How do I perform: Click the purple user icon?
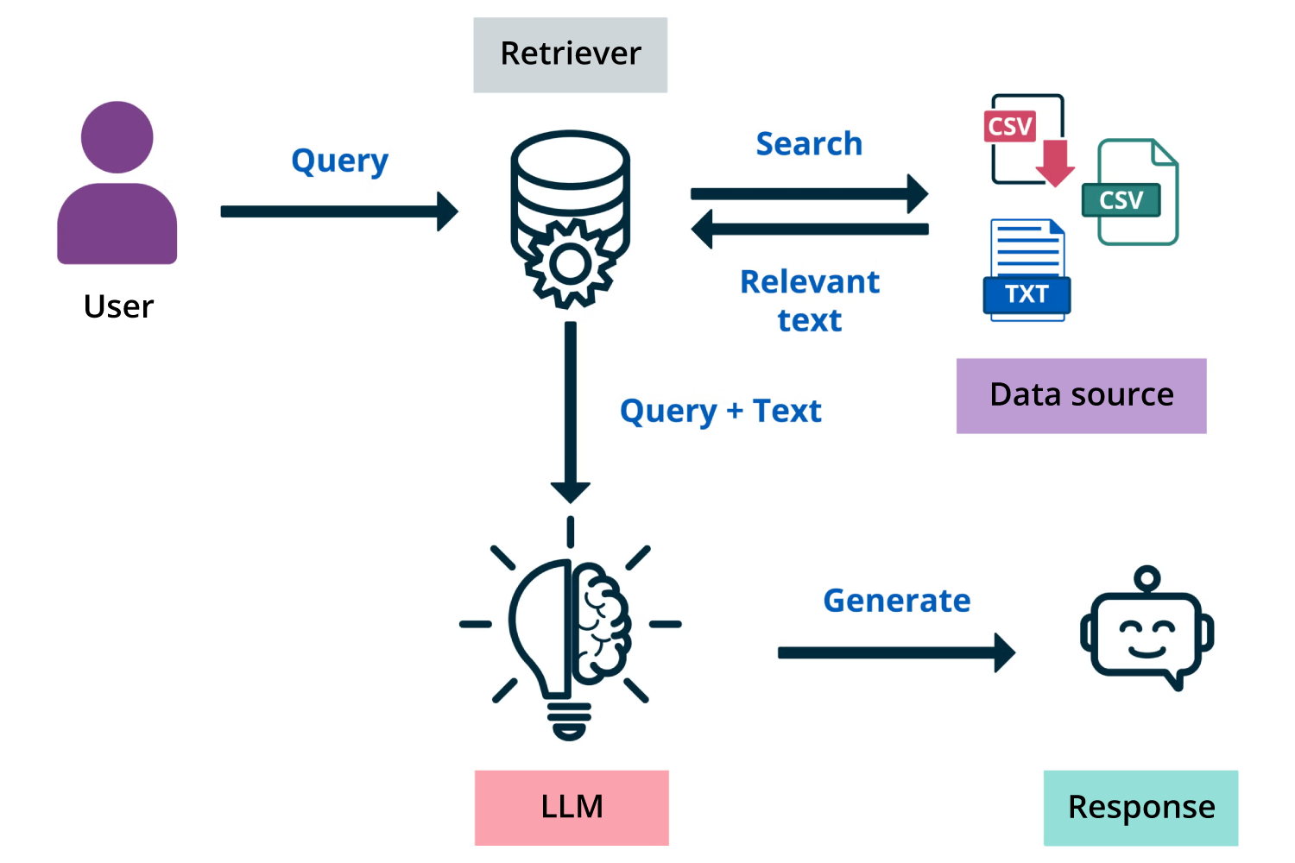pos(117,186)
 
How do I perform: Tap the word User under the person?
pos(118,306)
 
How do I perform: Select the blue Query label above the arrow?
pos(339,161)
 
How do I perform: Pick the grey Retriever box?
pos(570,54)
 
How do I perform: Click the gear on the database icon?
pos(570,264)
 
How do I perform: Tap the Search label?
pos(809,144)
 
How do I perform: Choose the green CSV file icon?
pos(1132,193)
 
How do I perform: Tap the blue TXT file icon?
pos(1027,271)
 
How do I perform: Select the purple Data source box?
pos(1081,395)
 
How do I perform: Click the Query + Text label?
pos(720,411)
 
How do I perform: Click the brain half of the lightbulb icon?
pos(601,621)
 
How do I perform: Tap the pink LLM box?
pos(572,807)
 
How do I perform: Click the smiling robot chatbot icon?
pos(1147,630)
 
